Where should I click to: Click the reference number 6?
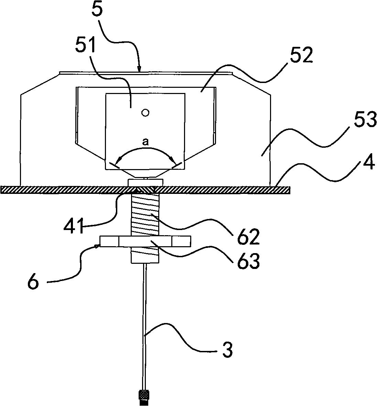point(33,283)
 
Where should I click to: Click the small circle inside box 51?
point(145,113)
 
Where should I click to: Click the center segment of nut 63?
point(145,241)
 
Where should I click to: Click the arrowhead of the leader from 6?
point(99,245)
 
